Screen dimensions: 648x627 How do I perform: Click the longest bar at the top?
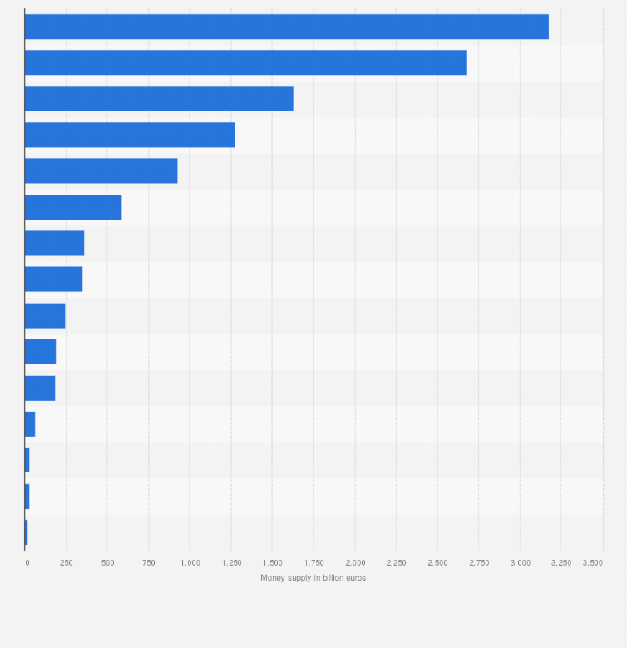[x=286, y=27]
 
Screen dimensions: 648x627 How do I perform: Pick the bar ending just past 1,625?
[x=159, y=98]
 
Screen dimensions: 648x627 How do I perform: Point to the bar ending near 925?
[x=101, y=171]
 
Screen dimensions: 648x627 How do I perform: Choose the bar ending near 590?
[x=73, y=207]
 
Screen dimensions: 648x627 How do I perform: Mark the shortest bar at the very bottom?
[x=27, y=532]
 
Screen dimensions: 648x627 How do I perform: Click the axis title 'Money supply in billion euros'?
[x=313, y=578]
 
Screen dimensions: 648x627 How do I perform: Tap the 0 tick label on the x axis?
[x=27, y=563]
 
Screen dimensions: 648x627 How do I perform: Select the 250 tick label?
[x=67, y=563]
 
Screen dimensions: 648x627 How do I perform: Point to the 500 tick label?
[x=107, y=563]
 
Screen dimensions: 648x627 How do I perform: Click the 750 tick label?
[x=149, y=563]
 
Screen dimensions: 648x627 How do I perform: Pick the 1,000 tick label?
[x=190, y=563]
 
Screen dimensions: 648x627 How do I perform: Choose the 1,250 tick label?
[x=231, y=563]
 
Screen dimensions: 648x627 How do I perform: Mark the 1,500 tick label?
[x=273, y=563]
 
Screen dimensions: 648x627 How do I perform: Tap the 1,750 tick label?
[x=313, y=563]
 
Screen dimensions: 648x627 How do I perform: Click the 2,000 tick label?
[x=355, y=563]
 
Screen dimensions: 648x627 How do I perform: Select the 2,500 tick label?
[x=437, y=563]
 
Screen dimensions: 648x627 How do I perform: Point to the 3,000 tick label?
[x=520, y=563]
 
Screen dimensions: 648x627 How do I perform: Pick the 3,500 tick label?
[x=592, y=563]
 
